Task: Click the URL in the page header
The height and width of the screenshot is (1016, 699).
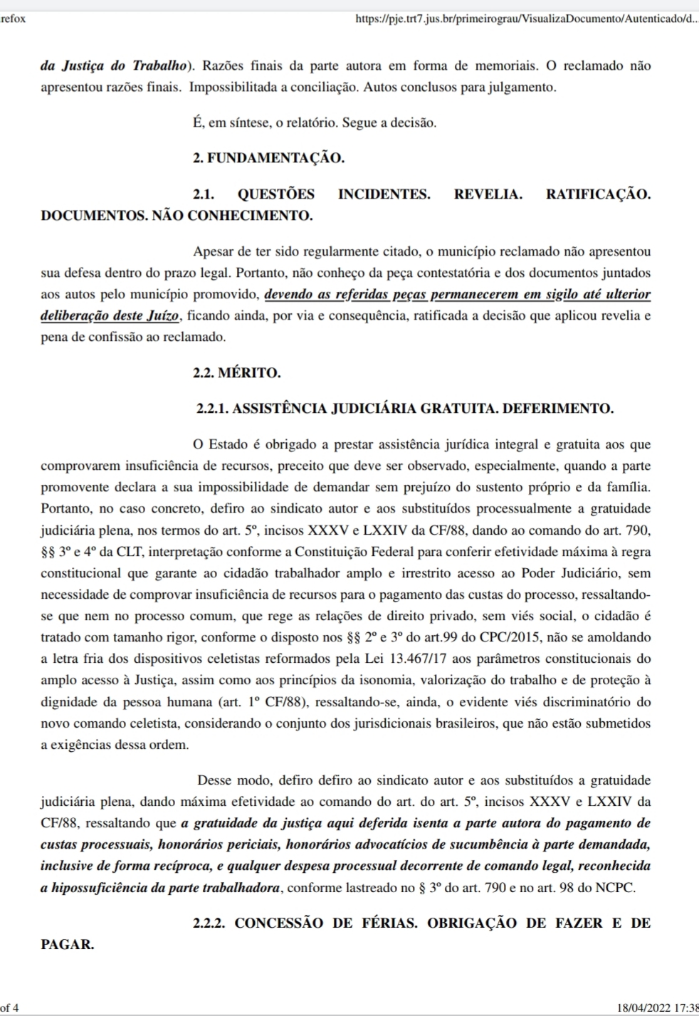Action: click(526, 19)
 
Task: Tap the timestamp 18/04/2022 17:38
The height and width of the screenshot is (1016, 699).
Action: click(657, 1007)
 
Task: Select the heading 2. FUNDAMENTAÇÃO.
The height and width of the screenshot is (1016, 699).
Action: click(268, 158)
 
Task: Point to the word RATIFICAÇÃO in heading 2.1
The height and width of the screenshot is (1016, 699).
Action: click(598, 194)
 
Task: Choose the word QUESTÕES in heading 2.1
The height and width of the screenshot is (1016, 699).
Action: click(276, 194)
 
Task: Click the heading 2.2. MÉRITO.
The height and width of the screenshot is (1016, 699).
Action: click(236, 372)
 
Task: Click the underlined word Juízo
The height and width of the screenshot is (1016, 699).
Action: click(165, 315)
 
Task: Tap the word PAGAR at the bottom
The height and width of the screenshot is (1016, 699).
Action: click(68, 945)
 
